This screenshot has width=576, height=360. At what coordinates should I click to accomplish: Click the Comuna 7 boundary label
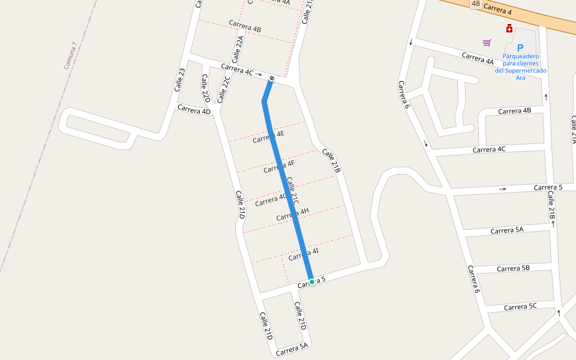point(71,55)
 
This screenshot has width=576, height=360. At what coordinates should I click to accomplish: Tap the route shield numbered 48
point(476,4)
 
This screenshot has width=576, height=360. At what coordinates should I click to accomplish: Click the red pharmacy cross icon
point(509,28)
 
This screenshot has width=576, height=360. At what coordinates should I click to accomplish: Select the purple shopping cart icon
point(487,43)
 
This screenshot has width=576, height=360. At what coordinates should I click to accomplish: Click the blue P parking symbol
point(520,47)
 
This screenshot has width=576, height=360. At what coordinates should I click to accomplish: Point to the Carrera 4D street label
point(194,110)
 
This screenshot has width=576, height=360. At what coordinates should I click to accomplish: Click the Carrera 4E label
point(268,137)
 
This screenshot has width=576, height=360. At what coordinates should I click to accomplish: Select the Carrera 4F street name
point(279,166)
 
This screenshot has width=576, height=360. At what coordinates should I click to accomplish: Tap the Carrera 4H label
point(292,214)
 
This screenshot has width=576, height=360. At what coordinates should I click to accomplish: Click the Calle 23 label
point(180,80)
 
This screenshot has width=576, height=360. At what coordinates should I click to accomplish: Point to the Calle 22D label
point(205,88)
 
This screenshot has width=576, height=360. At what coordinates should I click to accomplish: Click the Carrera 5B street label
point(513,268)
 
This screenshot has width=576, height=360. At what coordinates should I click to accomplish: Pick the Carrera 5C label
point(520,307)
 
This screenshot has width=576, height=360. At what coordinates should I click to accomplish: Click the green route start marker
point(312,281)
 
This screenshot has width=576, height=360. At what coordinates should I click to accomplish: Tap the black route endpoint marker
point(272,78)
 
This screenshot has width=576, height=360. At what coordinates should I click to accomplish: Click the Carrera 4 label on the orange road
point(497,10)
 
